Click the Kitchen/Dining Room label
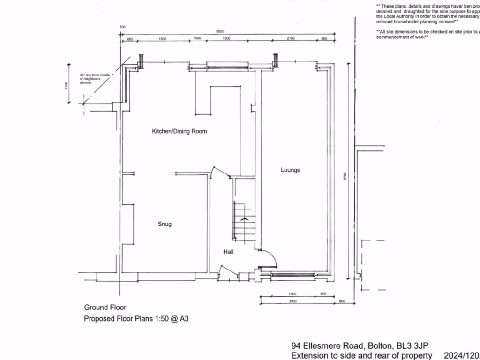pos(179,131)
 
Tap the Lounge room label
pos(291,170)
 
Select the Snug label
pos(165,224)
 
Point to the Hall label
pos(228,252)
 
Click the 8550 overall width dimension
pos(219,31)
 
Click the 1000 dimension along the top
pos(197,39)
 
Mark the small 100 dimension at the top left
pos(123,27)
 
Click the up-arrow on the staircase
pos(244,218)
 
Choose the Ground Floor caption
pos(105,307)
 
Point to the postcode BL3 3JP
pos(411,346)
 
